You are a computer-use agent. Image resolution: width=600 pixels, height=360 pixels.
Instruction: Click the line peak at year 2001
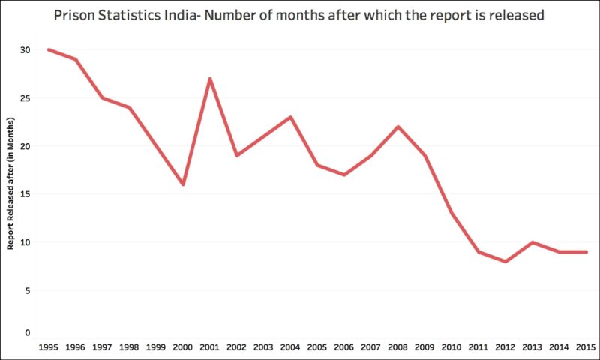point(210,78)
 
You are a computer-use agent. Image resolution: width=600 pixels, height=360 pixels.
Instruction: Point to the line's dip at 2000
point(183,184)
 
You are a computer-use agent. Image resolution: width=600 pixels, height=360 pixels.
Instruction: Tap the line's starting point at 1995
point(49,49)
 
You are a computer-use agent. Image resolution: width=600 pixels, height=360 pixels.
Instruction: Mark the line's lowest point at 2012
point(506,261)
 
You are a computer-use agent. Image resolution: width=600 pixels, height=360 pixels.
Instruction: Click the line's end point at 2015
point(586,252)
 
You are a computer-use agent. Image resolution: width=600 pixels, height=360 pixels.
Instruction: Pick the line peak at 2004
point(291,117)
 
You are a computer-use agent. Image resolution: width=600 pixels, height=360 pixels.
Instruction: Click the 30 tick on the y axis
point(25,49)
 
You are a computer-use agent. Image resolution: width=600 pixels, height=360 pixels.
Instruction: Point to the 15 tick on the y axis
point(25,194)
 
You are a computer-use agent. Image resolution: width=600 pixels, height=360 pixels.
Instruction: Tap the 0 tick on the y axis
point(28,332)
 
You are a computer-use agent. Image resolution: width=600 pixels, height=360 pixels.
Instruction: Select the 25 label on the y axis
point(25,98)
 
